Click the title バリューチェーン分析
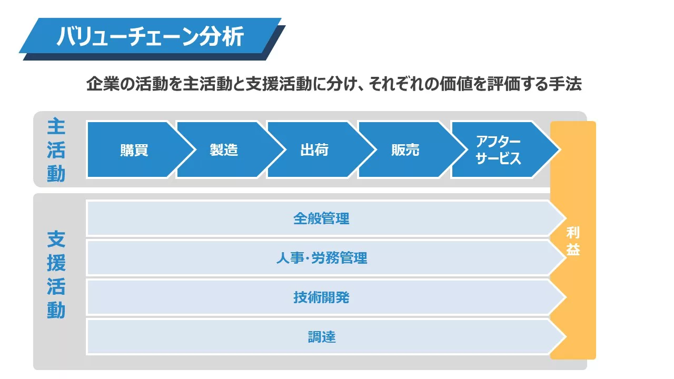pyautogui.click(x=150, y=37)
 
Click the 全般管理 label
pyautogui.click(x=321, y=218)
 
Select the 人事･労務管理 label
pyautogui.click(x=322, y=258)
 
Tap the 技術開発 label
pyautogui.click(x=321, y=297)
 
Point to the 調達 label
pyautogui.click(x=322, y=337)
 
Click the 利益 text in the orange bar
pyautogui.click(x=573, y=241)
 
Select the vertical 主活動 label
pyautogui.click(x=56, y=150)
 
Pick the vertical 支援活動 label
pyautogui.click(x=56, y=274)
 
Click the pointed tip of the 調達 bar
pyautogui.click(x=566, y=337)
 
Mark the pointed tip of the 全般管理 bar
pyautogui.click(x=566, y=218)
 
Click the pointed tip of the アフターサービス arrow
pyautogui.click(x=560, y=149)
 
